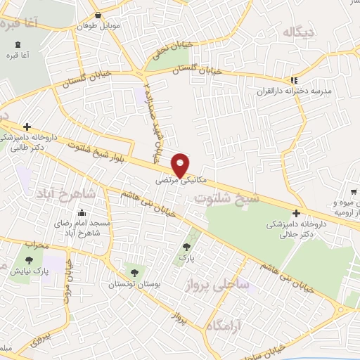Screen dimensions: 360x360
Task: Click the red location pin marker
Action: click(x=181, y=165)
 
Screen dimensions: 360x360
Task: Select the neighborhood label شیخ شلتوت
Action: click(x=226, y=199)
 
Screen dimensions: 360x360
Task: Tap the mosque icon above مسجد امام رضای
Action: click(x=82, y=213)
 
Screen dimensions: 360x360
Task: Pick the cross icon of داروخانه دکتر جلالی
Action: click(x=296, y=213)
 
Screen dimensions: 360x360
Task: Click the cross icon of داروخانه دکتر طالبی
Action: click(x=27, y=127)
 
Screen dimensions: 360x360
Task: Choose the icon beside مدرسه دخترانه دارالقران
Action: click(x=294, y=80)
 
